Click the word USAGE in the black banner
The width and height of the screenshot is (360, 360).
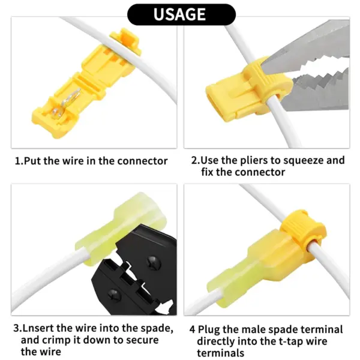click(179, 14)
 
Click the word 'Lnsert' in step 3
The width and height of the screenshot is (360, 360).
click(38, 328)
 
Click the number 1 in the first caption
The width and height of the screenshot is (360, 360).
click(18, 161)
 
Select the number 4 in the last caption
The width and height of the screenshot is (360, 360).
click(193, 329)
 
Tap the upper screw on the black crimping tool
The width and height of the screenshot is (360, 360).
click(153, 262)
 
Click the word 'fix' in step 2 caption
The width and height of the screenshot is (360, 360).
click(207, 172)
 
